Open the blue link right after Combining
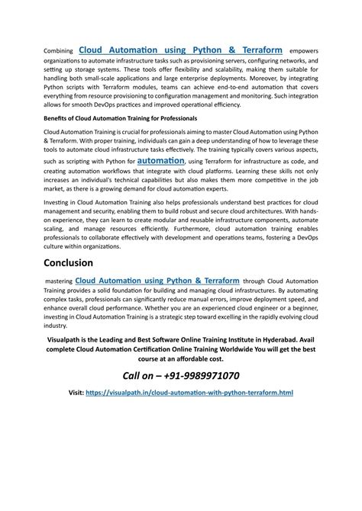181,49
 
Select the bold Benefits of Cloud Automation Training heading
120,119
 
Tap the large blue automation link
161,161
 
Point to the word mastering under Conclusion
59,281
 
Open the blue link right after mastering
157,281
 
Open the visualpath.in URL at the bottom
189,393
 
